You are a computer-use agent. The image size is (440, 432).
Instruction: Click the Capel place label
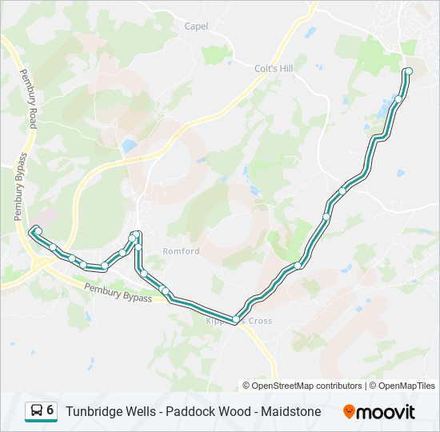[x=196, y=26]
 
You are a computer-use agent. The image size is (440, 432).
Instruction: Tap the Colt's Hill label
[x=273, y=69]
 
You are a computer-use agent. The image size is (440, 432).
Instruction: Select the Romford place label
[x=181, y=251]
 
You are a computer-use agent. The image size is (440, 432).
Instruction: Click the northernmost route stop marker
[x=409, y=71]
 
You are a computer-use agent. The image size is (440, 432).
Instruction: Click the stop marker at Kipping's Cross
[x=235, y=320]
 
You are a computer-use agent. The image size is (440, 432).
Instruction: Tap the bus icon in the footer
[x=37, y=411]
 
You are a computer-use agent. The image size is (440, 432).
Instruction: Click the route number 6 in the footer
[x=50, y=410]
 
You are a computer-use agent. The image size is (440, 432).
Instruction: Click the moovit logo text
[x=387, y=411]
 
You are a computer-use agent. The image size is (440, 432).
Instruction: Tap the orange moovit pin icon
[x=350, y=411]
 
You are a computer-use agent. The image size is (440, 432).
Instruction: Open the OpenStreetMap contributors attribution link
[x=306, y=386]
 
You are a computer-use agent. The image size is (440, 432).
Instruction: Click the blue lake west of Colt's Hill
[x=129, y=146]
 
